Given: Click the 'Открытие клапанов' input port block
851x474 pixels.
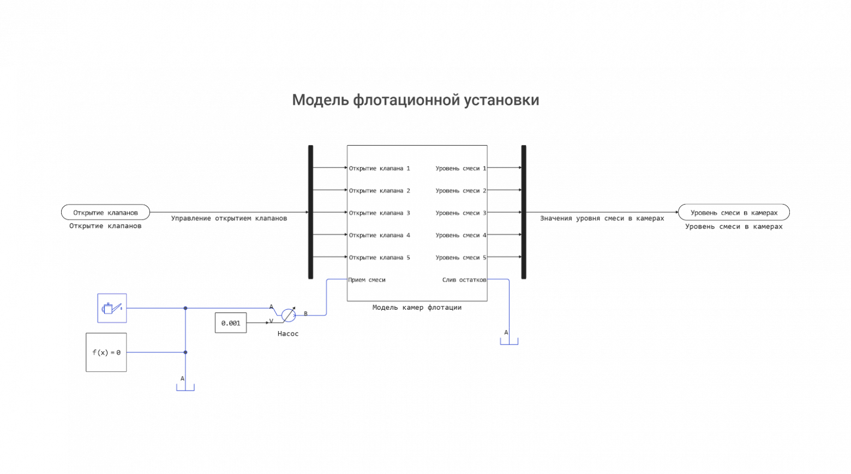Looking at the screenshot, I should pyautogui.click(x=105, y=212).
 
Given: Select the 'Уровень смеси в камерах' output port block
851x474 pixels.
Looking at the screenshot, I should pyautogui.click(x=734, y=212).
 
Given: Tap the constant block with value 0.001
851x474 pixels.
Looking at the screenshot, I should pyautogui.click(x=231, y=323).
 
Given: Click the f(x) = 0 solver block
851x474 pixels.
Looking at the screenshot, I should pyautogui.click(x=106, y=352).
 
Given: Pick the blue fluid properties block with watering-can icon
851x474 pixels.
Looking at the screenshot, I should pyautogui.click(x=112, y=308).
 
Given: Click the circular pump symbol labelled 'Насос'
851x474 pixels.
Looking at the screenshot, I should pyautogui.click(x=289, y=315).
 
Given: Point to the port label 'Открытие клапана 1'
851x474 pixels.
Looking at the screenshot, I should pyautogui.click(x=379, y=169).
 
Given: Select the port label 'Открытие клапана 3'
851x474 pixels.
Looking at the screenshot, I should pyautogui.click(x=379, y=213).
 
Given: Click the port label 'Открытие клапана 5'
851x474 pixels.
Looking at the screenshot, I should pyautogui.click(x=379, y=257).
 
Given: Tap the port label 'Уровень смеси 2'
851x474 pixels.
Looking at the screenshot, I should pyautogui.click(x=460, y=191).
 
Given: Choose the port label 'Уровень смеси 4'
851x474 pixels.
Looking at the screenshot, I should pyautogui.click(x=460, y=236).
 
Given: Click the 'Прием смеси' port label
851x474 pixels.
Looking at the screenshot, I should pyautogui.click(x=367, y=280).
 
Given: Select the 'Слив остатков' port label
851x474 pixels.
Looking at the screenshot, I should pyautogui.click(x=464, y=280).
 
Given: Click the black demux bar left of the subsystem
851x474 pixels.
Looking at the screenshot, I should pyautogui.click(x=311, y=212).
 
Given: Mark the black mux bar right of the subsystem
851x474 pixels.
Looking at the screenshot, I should pyautogui.click(x=524, y=212).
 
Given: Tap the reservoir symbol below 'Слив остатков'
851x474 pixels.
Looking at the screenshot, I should pyautogui.click(x=509, y=340).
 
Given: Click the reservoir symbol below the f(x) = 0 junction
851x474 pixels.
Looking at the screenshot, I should pyautogui.click(x=185, y=387).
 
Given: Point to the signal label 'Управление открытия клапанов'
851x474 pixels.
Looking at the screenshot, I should pyautogui.click(x=229, y=219).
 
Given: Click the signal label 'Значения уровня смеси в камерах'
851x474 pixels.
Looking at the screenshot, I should pyautogui.click(x=602, y=219).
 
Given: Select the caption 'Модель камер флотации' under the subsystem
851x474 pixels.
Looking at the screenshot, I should pyautogui.click(x=417, y=308).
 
